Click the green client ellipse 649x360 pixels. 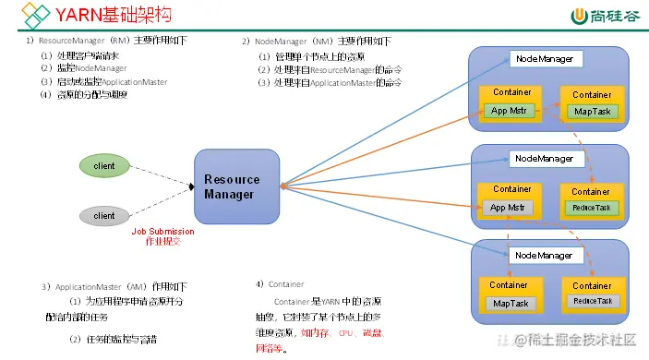pyautogui.click(x=104, y=166)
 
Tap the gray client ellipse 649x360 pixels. pyautogui.click(x=104, y=216)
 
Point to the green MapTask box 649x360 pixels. pyautogui.click(x=591, y=112)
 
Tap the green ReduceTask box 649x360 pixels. pyautogui.click(x=591, y=208)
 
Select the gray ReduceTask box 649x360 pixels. pyautogui.click(x=592, y=301)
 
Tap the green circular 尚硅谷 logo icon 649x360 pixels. pyautogui.click(x=581, y=16)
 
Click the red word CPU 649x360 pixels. pyautogui.click(x=347, y=332)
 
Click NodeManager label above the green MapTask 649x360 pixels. pyautogui.click(x=545, y=59)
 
